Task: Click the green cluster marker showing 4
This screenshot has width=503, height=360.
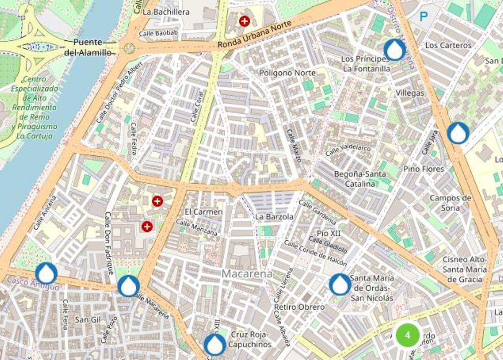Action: pos(407,334)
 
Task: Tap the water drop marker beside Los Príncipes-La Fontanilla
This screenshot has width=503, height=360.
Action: pos(394,50)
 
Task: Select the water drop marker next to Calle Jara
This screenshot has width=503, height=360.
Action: pos(458,133)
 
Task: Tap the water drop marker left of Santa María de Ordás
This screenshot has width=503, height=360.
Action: pos(340,284)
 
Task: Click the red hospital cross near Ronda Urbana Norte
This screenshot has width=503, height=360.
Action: pos(244,21)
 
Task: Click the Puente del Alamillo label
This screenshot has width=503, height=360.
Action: pos(88,47)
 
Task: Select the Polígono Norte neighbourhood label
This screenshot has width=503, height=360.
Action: pos(287,73)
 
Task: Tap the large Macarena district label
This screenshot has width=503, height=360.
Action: pos(247,274)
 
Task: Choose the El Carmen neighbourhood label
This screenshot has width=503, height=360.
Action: pos(203,212)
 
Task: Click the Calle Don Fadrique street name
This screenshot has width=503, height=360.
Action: pos(109,243)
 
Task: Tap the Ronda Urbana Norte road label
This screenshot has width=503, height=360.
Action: pos(254,36)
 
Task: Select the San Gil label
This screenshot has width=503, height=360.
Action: pos(88,320)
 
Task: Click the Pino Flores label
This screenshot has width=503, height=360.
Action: pos(423,169)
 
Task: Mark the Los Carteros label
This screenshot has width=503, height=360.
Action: pos(448,45)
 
